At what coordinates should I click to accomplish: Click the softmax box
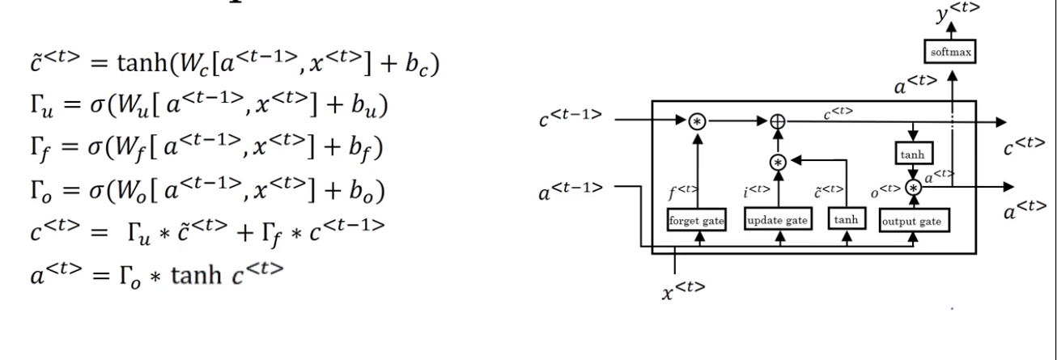coord(952,53)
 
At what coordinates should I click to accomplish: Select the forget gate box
coord(695,220)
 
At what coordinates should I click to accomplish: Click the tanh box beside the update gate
coord(847,220)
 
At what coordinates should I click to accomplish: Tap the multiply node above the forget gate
coord(697,121)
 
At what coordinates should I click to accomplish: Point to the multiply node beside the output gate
coord(915,187)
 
